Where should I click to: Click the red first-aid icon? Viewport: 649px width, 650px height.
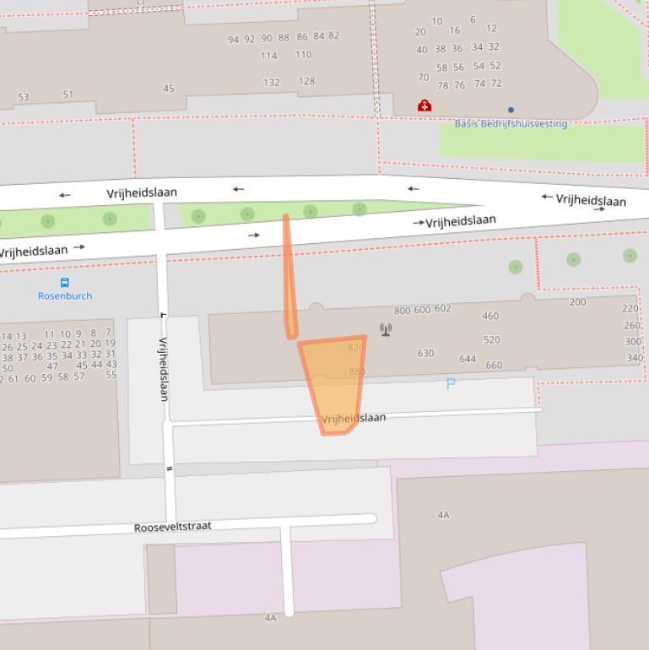(425, 106)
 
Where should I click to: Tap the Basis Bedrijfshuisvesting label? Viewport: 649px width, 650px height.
(511, 123)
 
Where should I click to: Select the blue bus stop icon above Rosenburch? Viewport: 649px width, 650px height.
(64, 282)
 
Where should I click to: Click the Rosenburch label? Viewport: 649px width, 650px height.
(65, 295)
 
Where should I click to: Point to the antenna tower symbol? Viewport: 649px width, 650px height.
(386, 329)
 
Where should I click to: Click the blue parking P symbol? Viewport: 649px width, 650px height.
(451, 384)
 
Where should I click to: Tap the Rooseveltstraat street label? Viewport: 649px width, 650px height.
(173, 527)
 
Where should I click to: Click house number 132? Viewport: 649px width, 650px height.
(271, 83)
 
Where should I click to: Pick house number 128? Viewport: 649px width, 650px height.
(306, 81)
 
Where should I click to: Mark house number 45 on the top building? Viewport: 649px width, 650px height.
(169, 89)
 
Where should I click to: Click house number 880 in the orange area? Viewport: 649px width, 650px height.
(356, 371)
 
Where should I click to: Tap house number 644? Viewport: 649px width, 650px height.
(468, 359)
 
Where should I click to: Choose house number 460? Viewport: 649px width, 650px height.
(490, 317)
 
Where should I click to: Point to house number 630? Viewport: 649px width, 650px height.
(425, 354)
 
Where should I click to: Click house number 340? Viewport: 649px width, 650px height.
(634, 358)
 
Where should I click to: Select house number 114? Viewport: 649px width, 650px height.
(268, 56)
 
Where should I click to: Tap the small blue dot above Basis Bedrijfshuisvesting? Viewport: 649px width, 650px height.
(511, 110)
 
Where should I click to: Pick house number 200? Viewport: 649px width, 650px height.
(577, 302)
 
